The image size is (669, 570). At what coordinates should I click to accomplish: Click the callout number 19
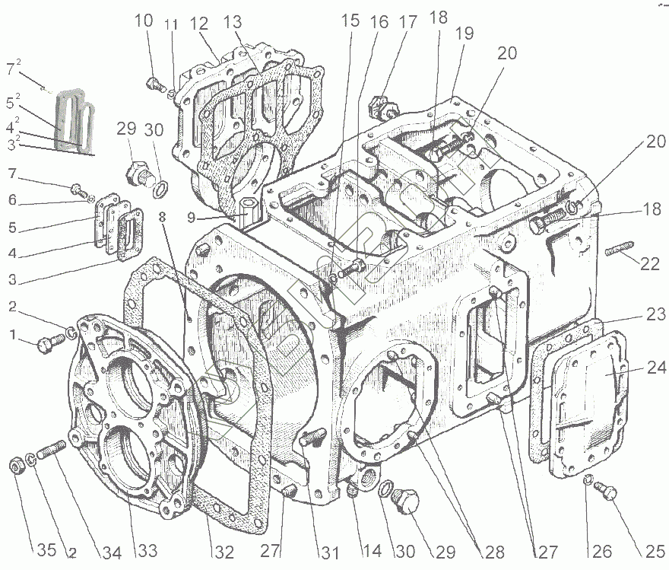[464, 33]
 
